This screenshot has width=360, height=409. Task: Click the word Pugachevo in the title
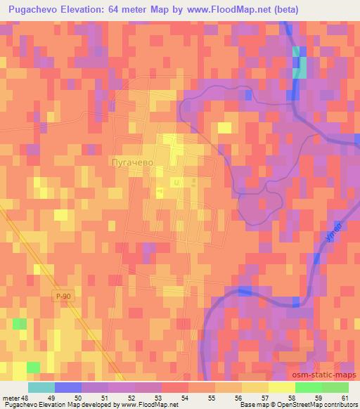click(x=37, y=9)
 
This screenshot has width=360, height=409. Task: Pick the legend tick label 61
click(x=344, y=397)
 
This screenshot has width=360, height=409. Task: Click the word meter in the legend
click(x=9, y=397)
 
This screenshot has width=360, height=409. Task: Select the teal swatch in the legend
click(x=41, y=387)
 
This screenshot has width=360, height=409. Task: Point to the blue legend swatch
click(x=67, y=387)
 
